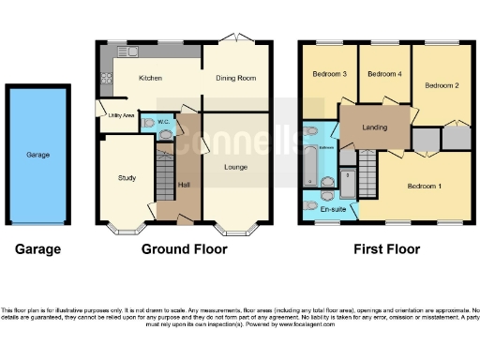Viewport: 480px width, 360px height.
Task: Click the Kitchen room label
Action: tap(151, 78)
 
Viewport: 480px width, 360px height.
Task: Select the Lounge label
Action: tap(235, 167)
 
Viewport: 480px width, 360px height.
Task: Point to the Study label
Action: tap(127, 177)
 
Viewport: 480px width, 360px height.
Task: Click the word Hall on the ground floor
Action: tap(184, 185)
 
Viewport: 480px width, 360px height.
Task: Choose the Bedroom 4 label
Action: tap(383, 74)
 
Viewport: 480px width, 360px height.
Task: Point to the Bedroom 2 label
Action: tap(441, 85)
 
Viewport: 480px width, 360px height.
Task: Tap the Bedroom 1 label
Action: tap(424, 186)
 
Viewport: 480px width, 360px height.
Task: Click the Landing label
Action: tap(373, 127)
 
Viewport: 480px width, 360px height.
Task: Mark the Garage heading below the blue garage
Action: tap(37, 249)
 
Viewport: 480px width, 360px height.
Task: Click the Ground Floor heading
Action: tap(184, 249)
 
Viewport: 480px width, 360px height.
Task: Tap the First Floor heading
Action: tap(386, 249)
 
